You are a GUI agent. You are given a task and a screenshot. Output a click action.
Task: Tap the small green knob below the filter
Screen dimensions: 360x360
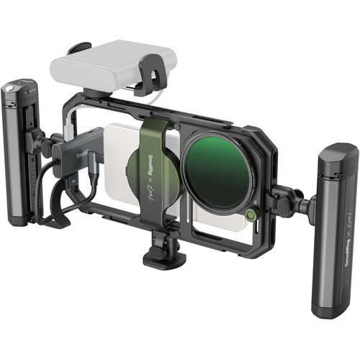pyautogui.click(x=250, y=214)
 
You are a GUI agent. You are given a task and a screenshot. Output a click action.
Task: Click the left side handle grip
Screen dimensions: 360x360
pyautogui.click(x=20, y=155)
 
